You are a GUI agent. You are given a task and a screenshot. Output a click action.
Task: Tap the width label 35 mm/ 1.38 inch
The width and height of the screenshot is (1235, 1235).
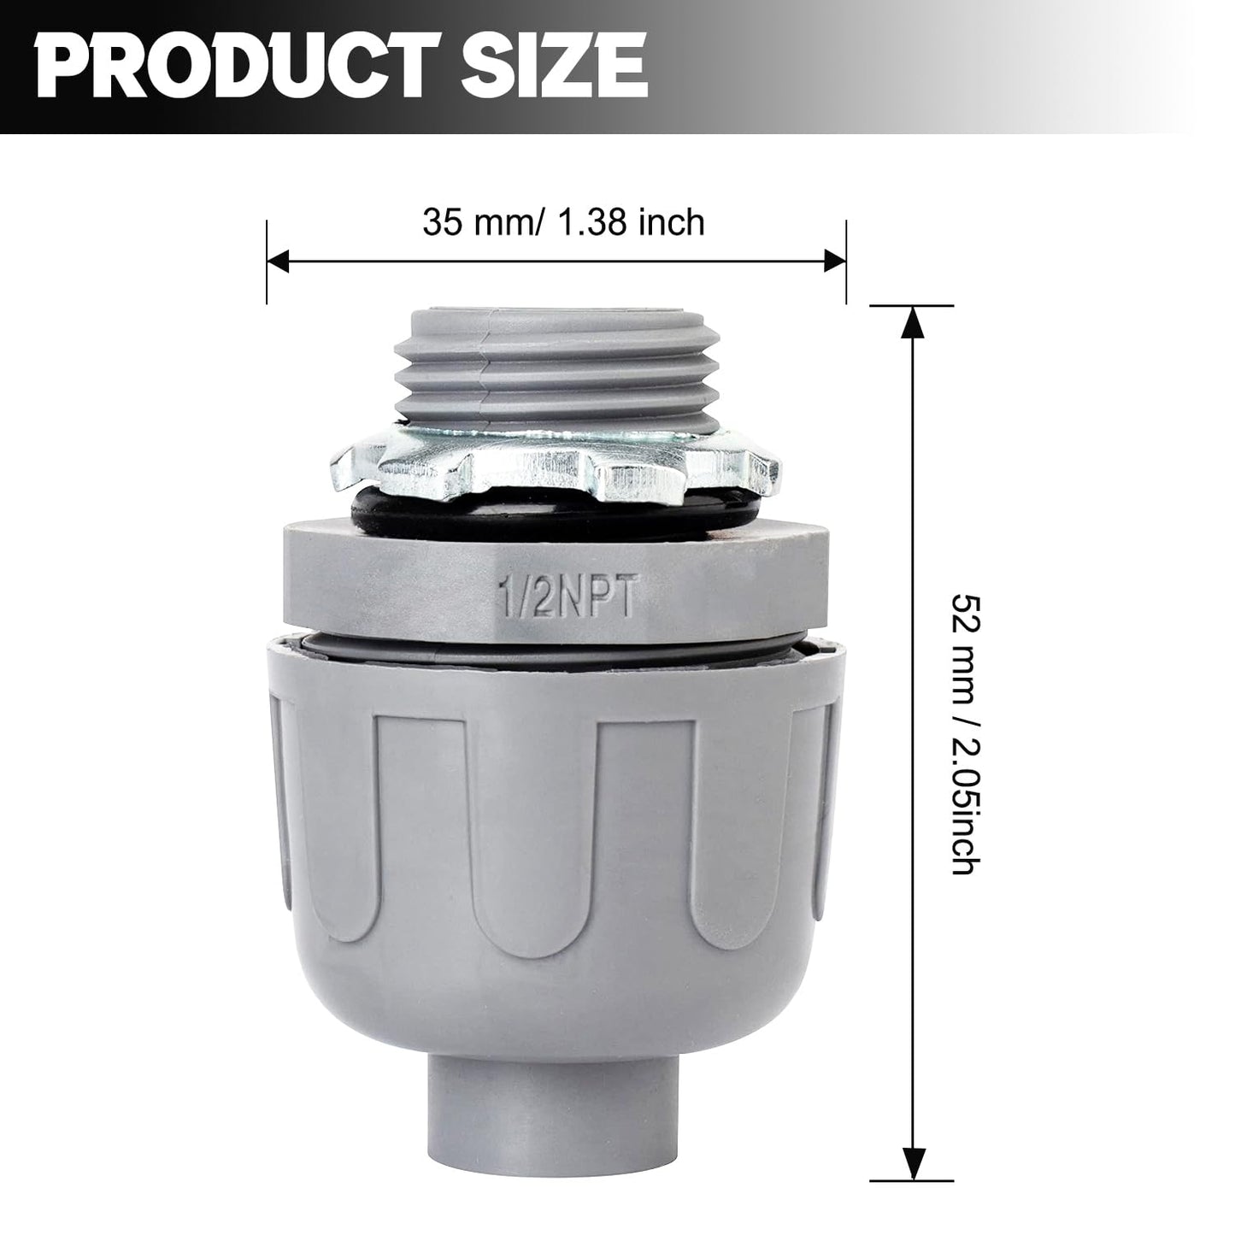click(563, 222)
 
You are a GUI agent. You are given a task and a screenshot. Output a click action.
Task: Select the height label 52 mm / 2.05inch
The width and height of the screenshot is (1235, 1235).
click(962, 734)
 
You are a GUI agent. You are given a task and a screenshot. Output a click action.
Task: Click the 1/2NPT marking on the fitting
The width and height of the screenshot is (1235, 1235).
click(566, 599)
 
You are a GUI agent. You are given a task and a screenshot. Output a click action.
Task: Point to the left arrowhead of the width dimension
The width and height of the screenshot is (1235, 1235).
click(279, 262)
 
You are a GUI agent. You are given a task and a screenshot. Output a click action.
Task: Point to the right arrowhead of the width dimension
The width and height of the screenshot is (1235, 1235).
click(834, 262)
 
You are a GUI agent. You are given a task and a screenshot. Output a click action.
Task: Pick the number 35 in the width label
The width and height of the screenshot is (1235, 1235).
click(440, 222)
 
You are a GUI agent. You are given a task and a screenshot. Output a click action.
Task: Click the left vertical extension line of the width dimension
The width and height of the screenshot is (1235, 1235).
click(267, 262)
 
